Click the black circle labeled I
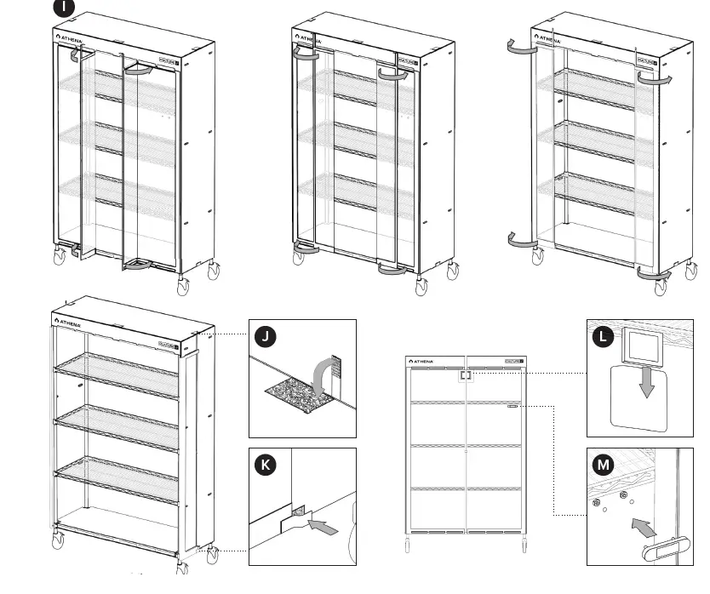[64, 8]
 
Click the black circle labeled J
[266, 337]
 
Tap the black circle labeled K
[266, 464]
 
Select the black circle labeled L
[604, 337]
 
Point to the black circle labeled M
[604, 465]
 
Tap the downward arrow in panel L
[647, 383]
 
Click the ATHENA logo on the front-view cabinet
[423, 361]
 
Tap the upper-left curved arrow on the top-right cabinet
[519, 48]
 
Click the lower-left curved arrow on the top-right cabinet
[520, 242]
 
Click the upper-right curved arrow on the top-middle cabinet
[393, 75]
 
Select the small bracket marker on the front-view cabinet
[466, 375]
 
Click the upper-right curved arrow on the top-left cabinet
[138, 71]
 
